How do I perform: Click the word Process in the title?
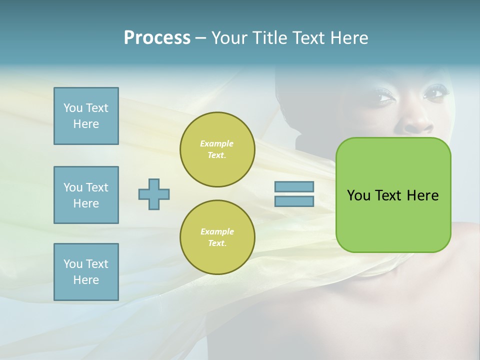tap(157, 37)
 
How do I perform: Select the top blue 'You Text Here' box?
tap(86, 116)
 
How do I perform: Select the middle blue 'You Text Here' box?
tap(86, 195)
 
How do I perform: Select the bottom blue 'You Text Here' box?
tap(86, 272)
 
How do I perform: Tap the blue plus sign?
tap(154, 194)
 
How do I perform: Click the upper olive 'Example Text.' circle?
tap(217, 149)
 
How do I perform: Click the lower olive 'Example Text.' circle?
tap(217, 237)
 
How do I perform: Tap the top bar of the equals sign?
tap(294, 186)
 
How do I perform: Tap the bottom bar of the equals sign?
tap(294, 201)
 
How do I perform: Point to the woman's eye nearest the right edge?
tap(434, 93)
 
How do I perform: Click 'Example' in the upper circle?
tap(216, 143)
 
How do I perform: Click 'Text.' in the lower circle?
tap(217, 243)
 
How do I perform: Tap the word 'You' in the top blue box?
tap(72, 108)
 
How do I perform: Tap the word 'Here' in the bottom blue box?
tap(86, 280)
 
